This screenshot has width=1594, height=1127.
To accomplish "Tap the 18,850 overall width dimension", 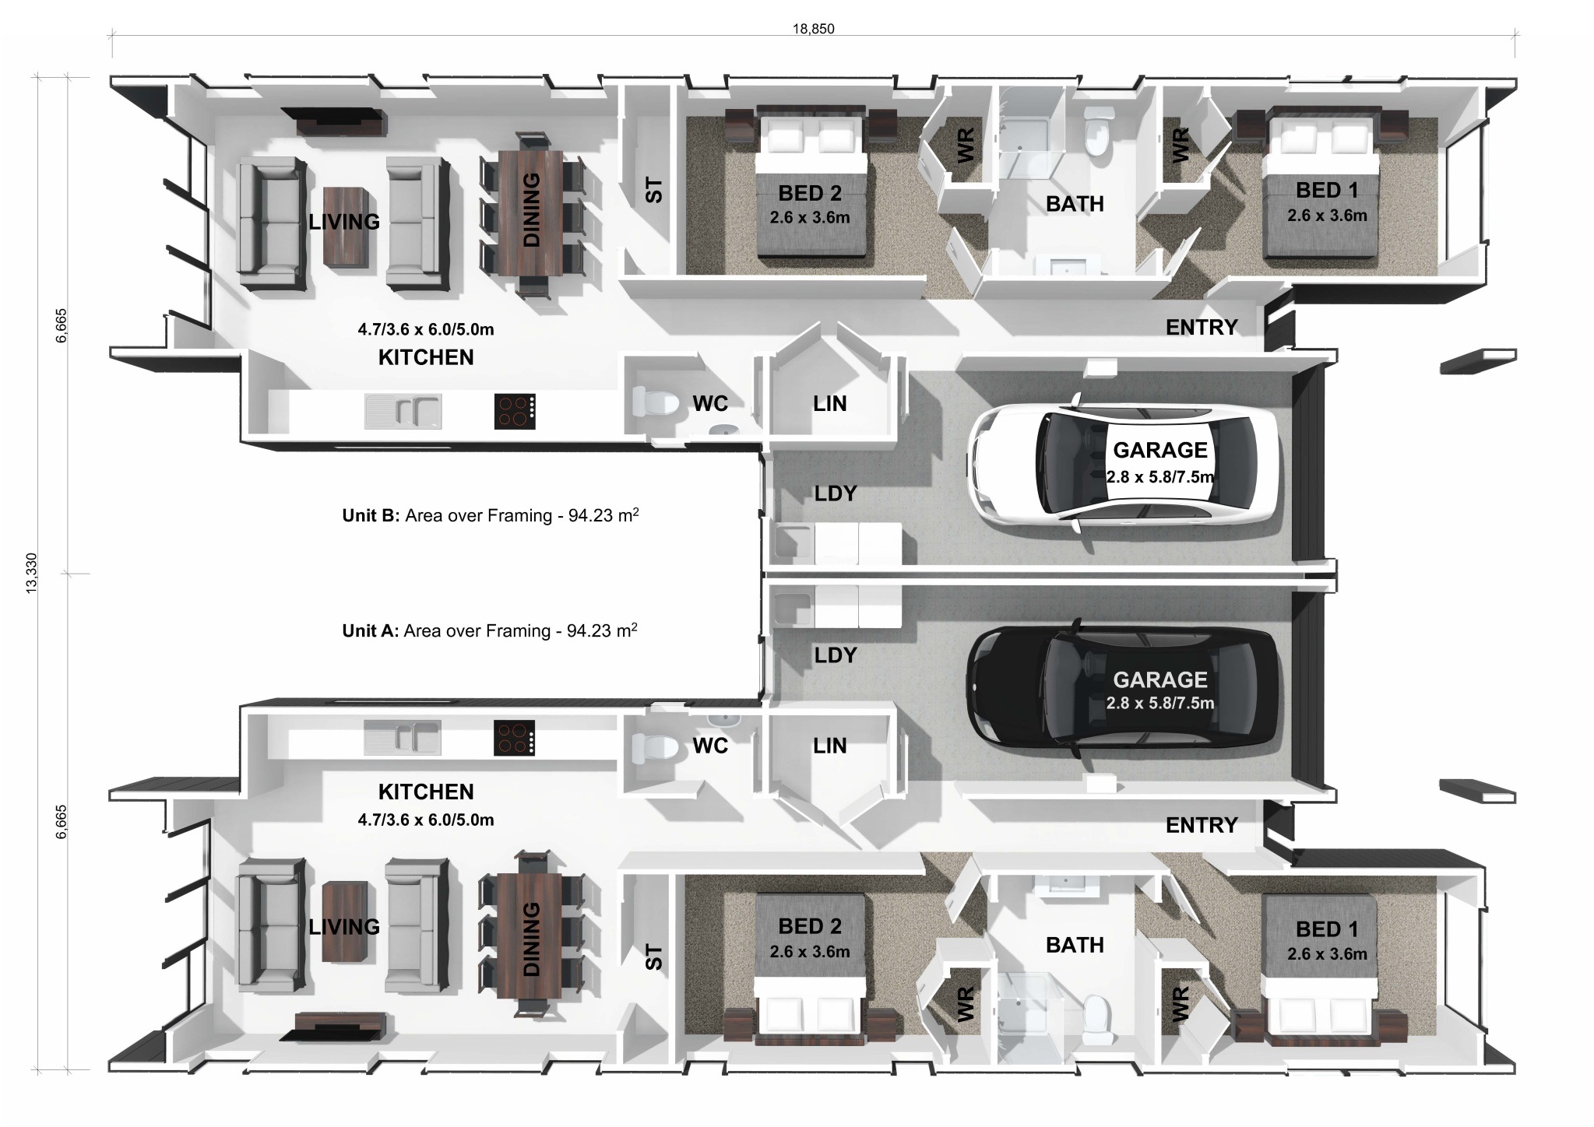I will pyautogui.click(x=813, y=30).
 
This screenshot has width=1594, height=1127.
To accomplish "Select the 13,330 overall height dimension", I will pyautogui.click(x=31, y=574).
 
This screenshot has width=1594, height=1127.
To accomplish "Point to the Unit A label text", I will pyautogui.click(x=370, y=631).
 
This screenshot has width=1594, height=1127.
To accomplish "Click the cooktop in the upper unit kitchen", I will pyautogui.click(x=515, y=412).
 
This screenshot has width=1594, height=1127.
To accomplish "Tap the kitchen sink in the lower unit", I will pyautogui.click(x=403, y=737).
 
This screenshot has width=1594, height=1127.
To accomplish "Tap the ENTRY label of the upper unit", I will pyautogui.click(x=1201, y=328).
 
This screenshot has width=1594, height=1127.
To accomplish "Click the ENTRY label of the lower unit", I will pyautogui.click(x=1201, y=825).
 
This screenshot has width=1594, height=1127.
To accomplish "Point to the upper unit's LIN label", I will pyautogui.click(x=829, y=404).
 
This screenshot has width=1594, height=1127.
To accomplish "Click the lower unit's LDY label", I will pyautogui.click(x=835, y=655).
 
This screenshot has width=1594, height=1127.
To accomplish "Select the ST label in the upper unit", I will pyautogui.click(x=654, y=190).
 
